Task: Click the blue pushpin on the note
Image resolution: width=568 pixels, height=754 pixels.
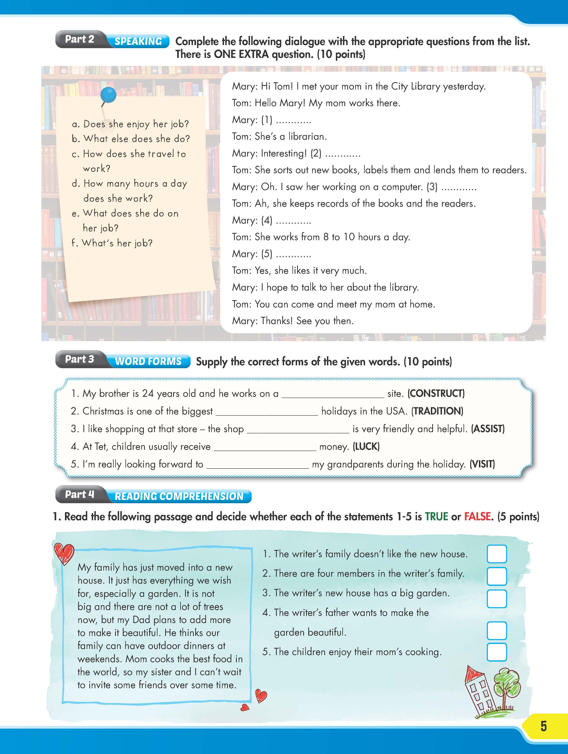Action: (109, 95)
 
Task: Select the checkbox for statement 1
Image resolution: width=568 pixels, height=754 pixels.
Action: (496, 554)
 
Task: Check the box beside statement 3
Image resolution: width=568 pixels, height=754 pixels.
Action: (496, 599)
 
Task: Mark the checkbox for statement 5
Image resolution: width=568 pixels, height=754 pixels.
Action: (496, 652)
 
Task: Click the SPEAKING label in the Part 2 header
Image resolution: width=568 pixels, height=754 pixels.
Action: (138, 41)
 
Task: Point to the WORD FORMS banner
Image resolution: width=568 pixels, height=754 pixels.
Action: (148, 361)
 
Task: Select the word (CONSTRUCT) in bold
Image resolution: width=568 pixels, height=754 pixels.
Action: (436, 393)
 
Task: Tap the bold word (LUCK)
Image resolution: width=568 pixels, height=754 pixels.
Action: (366, 446)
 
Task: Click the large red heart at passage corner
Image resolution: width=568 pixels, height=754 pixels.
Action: (64, 554)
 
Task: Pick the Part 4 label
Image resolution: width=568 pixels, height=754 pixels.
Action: (79, 494)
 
